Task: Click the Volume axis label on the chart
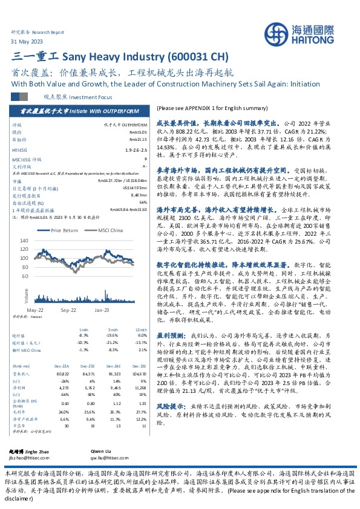tap(25, 296)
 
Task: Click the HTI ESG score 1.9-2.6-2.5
tap(136, 149)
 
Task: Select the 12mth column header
tap(141, 329)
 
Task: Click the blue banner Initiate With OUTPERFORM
tap(80, 112)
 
